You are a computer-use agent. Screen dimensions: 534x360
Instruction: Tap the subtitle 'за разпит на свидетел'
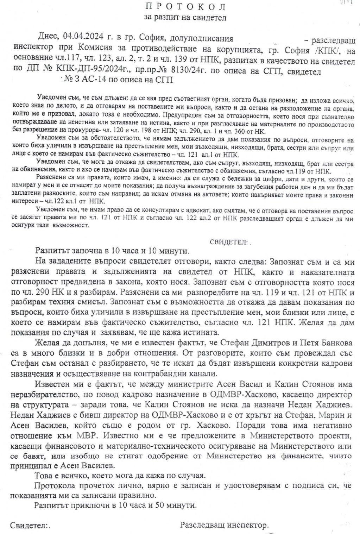185,17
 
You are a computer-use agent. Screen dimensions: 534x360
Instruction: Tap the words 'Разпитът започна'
66,251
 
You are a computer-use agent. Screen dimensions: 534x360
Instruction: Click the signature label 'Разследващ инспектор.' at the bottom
224,526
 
